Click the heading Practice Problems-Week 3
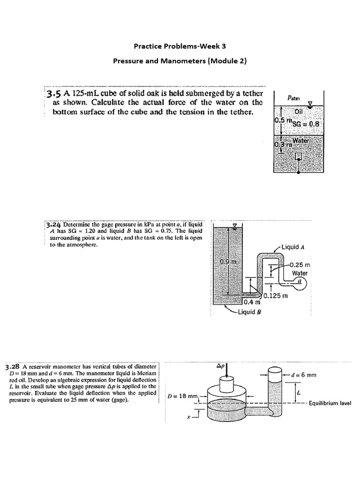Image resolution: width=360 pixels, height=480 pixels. tap(180, 46)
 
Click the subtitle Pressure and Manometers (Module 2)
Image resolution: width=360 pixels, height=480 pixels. tap(180, 61)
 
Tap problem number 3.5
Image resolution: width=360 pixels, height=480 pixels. tap(54, 94)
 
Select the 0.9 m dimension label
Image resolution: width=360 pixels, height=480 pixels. tap(227, 261)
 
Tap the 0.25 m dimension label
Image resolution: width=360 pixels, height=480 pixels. tap(300, 265)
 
